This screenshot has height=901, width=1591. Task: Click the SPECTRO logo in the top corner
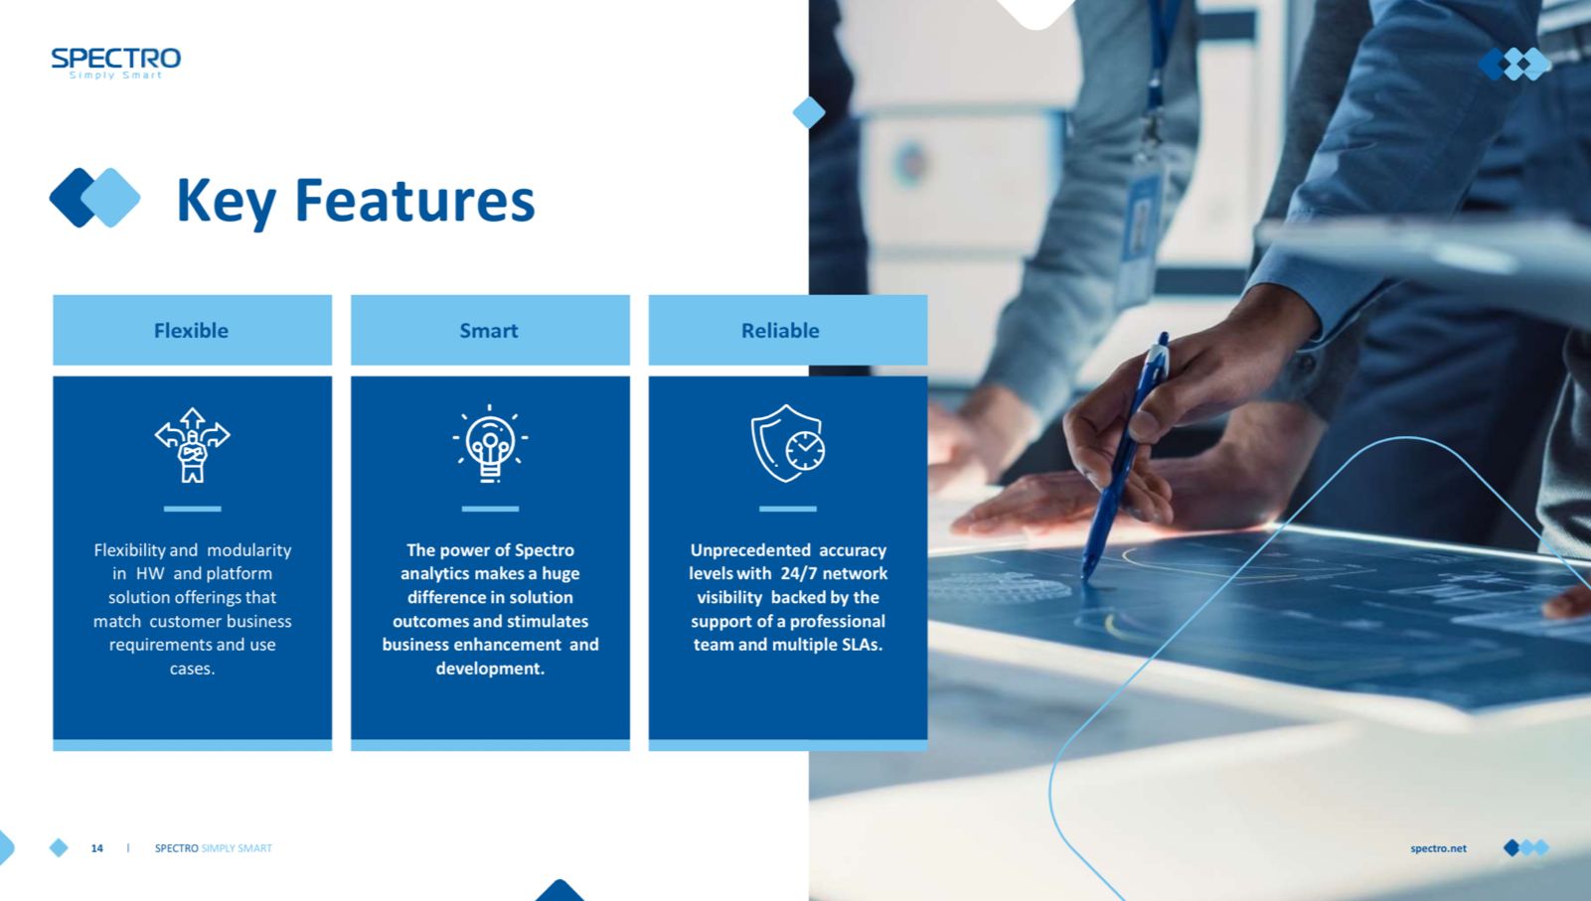click(116, 63)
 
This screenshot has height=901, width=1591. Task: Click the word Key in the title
click(226, 203)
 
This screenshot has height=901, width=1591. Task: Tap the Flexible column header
click(192, 330)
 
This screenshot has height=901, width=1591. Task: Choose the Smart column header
click(489, 330)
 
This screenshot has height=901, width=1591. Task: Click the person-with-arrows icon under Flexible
click(193, 445)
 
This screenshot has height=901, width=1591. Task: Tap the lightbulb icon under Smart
click(490, 444)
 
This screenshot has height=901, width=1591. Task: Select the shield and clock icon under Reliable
click(788, 443)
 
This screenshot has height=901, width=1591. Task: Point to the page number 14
click(97, 847)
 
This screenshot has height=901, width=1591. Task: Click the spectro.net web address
click(1438, 847)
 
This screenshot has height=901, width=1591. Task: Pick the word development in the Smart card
click(490, 669)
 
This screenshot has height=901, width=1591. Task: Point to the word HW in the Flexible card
click(150, 574)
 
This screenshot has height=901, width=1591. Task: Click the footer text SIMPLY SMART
click(237, 847)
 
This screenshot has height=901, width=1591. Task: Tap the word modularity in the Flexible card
click(249, 551)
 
